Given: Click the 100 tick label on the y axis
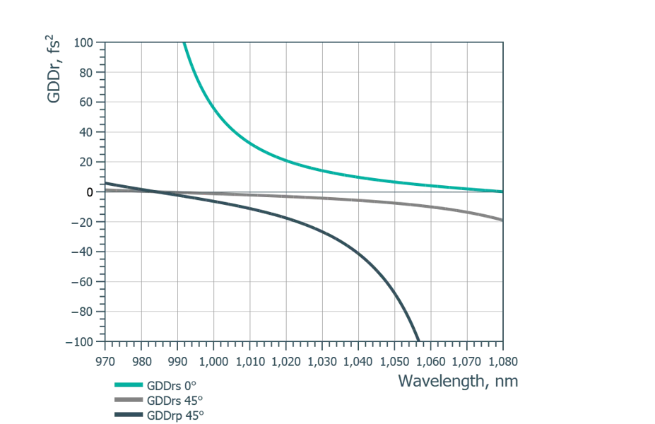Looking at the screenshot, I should click(x=85, y=42).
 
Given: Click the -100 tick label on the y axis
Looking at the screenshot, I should click(x=81, y=343).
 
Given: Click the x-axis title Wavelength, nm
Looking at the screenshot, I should click(x=458, y=382).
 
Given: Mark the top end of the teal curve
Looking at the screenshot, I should click(x=184, y=43).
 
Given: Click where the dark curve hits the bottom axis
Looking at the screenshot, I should click(x=422, y=343).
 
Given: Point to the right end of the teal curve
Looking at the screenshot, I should click(x=502, y=191).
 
